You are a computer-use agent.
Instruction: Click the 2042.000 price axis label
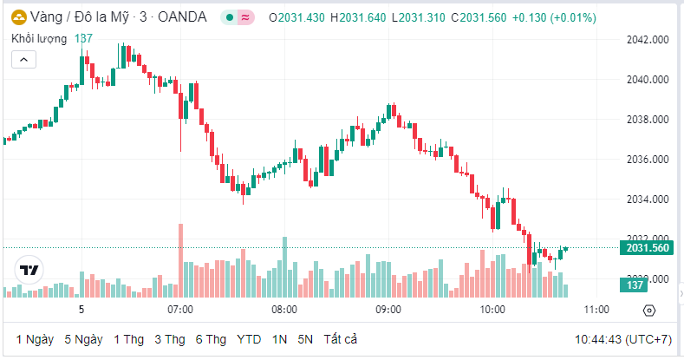[648, 40]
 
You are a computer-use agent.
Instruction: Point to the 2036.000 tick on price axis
[648, 160]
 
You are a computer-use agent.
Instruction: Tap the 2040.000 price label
[648, 80]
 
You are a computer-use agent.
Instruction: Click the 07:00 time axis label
[179, 310]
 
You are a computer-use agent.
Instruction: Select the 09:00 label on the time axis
[388, 310]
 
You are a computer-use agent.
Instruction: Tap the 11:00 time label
[596, 310]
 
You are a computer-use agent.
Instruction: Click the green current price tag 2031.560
[647, 248]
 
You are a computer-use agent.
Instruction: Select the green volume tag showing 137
[635, 285]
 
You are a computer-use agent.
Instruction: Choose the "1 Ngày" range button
[34, 338]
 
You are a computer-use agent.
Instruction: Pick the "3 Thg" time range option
[170, 338]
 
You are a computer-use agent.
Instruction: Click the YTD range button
[249, 338]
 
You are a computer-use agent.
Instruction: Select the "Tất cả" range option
[341, 338]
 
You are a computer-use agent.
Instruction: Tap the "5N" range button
[305, 338]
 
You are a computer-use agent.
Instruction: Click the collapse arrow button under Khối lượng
[23, 59]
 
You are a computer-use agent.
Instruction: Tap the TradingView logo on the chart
[29, 270]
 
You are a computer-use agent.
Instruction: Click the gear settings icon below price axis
[649, 311]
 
